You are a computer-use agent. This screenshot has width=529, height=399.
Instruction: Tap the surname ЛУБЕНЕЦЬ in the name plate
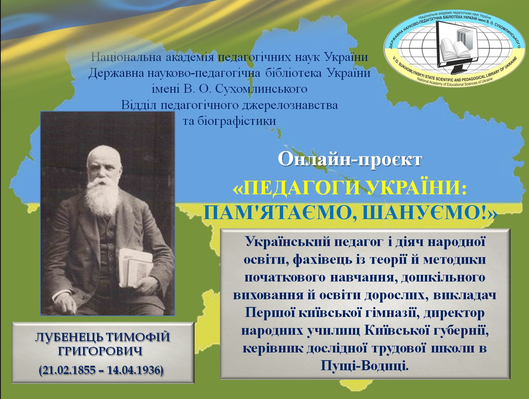[x=69, y=337]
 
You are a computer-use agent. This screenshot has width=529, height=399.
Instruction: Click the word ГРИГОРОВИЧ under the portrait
[x=100, y=351]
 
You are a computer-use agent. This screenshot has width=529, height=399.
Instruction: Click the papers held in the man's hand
[x=136, y=267]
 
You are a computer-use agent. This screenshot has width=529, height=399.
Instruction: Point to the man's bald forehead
[x=104, y=156]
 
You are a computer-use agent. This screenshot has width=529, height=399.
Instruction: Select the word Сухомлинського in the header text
[x=261, y=89]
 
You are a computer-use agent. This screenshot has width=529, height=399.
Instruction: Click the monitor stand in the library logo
[x=456, y=71]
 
